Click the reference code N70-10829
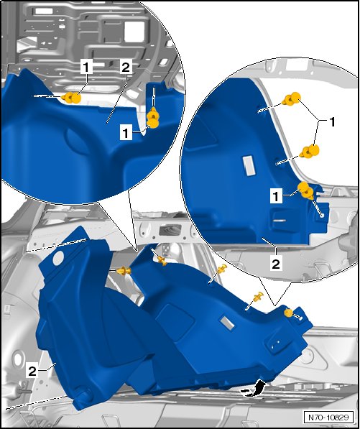pos(328,418)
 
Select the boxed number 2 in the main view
pos(32,372)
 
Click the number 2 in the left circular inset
pos(126,68)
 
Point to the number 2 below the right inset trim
pos(276,264)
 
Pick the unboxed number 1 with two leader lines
pos(332,122)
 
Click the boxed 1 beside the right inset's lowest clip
pos(276,196)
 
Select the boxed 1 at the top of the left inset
pos(86,68)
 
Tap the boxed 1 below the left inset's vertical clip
pos(126,134)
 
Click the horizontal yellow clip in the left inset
pos(71,98)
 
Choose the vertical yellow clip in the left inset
pos(152,118)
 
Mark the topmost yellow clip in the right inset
pos(292,99)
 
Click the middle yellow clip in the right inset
pos(310,152)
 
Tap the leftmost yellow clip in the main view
pos(124,271)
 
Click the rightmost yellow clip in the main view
pos(288,313)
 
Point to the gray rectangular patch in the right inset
pos(249,166)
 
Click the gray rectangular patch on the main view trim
pos(228,323)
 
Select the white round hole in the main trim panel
pos(58,258)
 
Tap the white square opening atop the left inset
pos(134,32)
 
